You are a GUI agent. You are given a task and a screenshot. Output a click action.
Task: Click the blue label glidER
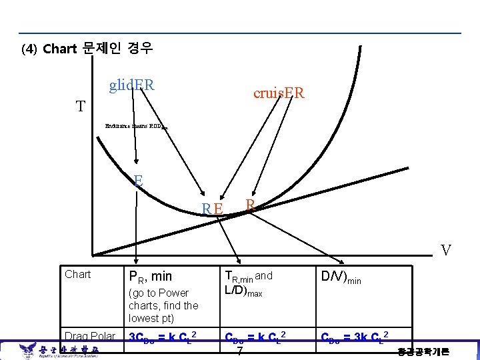coord(132,85)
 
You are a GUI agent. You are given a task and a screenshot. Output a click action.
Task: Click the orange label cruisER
coord(279,94)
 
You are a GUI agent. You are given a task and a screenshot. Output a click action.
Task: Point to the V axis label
coord(445,251)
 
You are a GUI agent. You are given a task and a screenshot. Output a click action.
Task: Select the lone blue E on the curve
coord(138,180)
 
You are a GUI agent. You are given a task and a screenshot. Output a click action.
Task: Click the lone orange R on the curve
coord(250,205)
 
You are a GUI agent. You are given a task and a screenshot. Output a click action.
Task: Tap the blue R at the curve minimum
coord(207,209)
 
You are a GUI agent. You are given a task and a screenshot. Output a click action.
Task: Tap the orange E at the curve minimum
coord(219,209)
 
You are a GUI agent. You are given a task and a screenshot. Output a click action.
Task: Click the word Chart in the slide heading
coord(59,49)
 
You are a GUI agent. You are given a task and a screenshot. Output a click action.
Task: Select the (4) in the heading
coord(29,49)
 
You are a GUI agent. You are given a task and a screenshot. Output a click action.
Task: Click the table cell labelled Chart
coord(77,274)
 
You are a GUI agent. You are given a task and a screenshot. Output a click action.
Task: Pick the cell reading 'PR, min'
coord(150,276)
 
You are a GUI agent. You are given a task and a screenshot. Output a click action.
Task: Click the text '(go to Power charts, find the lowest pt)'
coord(163,305)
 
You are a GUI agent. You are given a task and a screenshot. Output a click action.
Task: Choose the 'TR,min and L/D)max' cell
coord(249,283)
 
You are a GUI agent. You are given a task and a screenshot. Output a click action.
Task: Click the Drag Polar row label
coord(89,335)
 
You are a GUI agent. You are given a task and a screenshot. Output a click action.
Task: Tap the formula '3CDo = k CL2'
coord(162,336)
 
